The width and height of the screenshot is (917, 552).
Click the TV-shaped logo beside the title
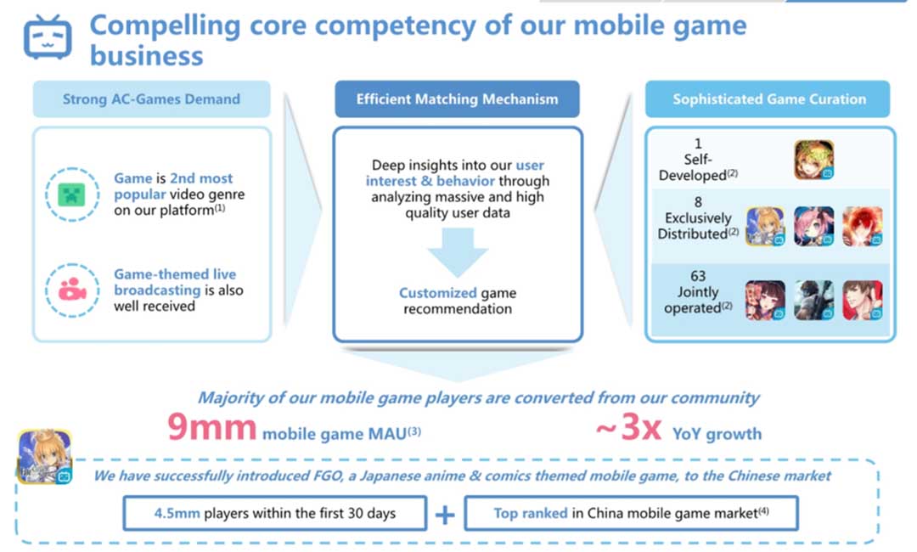coord(48,37)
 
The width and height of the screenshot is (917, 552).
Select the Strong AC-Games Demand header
coord(151,99)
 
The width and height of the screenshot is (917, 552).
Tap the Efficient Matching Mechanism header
coord(458,99)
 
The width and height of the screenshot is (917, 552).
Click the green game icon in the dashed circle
coord(71,194)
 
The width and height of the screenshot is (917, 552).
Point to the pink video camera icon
coord(72,290)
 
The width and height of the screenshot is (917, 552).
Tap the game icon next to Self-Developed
coord(814,160)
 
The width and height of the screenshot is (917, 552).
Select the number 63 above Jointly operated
coord(698,276)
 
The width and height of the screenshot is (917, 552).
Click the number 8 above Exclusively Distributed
coord(698,202)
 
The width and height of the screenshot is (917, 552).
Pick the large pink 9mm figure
coord(211,427)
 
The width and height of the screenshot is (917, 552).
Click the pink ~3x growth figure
coord(628,427)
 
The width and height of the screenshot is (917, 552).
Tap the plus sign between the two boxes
coord(445,515)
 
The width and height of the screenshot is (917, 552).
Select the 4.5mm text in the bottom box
coord(177,514)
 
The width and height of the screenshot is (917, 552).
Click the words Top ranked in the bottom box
coord(531,514)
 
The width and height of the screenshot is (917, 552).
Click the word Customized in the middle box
coord(438,293)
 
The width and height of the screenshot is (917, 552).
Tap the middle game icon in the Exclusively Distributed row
coord(814,226)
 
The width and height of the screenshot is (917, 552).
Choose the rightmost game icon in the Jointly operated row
coord(863,300)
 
